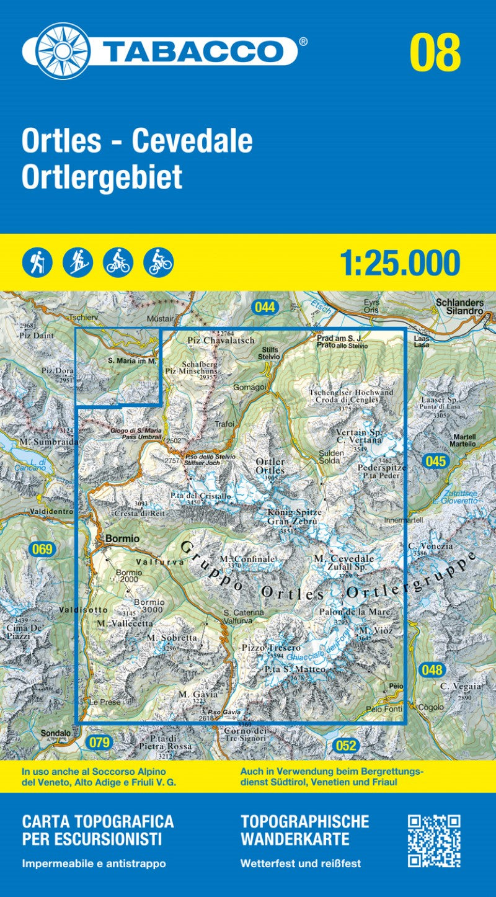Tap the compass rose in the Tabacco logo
63,51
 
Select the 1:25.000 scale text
400,263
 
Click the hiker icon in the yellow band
37,262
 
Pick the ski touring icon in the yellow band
77,262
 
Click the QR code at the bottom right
434,841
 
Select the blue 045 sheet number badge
436,461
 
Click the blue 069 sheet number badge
42,548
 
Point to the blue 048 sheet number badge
432,669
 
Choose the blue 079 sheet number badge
99,742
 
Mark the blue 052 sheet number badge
346,746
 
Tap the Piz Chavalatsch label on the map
212,341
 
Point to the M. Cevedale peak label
343,558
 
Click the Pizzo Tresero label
271,648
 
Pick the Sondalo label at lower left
56,733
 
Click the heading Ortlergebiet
102,177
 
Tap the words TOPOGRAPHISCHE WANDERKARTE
304,831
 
